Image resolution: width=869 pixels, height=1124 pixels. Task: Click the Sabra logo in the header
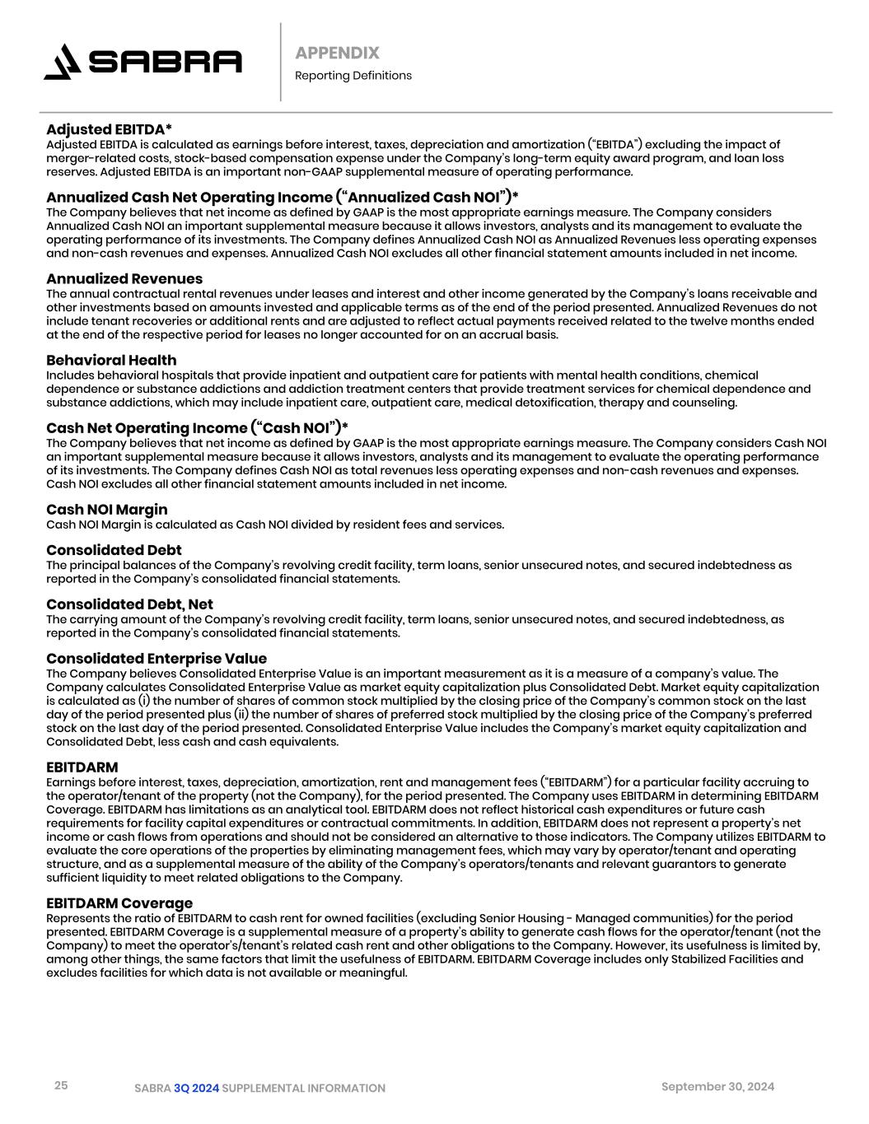point(142,63)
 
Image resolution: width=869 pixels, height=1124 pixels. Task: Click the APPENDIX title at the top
point(337,54)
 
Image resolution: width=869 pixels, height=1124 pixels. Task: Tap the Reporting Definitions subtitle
point(353,76)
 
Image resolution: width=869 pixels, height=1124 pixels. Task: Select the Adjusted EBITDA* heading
point(109,129)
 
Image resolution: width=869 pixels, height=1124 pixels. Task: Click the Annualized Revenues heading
point(124,279)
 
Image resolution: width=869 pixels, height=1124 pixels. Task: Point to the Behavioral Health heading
point(111,361)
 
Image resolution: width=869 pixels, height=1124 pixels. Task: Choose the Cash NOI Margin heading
point(106,510)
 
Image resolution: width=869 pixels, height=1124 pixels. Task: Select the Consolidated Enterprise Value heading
point(157,659)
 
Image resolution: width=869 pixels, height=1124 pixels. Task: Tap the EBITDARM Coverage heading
point(119,903)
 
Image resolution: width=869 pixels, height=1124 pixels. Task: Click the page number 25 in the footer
point(61,1085)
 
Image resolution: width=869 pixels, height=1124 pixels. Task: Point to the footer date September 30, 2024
point(717,1086)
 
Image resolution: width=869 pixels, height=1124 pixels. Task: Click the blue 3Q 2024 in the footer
point(196,1089)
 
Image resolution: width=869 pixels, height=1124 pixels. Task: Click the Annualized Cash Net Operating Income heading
point(282,198)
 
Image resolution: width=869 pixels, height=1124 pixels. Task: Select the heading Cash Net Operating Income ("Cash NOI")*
point(197,428)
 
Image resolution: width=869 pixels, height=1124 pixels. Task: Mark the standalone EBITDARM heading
point(82,767)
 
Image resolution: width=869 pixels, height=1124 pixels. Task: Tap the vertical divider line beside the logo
point(280,62)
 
